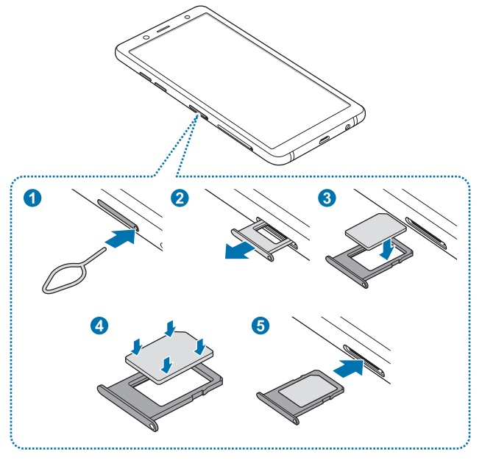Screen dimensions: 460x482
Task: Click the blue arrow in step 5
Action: pos(350,364)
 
